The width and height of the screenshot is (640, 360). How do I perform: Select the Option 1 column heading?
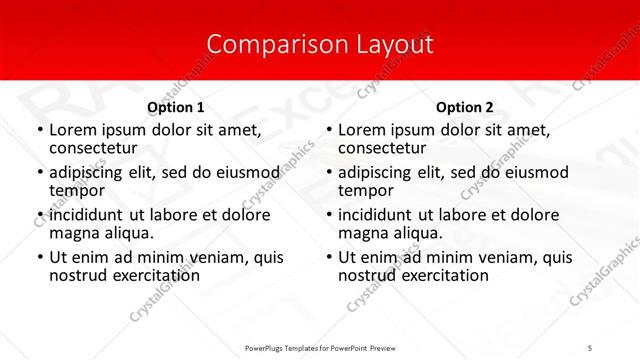176,107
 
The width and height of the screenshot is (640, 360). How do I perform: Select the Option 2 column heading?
465,107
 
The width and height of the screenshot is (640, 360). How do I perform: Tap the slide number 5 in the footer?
591,348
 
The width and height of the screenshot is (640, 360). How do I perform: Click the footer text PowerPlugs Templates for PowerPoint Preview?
320,348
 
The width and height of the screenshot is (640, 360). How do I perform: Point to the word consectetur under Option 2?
381,148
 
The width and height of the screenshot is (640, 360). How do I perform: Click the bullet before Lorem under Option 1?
39,130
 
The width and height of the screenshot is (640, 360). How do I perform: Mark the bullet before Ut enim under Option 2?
329,257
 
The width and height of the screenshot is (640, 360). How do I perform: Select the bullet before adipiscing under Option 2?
329,172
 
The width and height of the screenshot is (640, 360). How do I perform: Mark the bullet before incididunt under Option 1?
39,215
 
